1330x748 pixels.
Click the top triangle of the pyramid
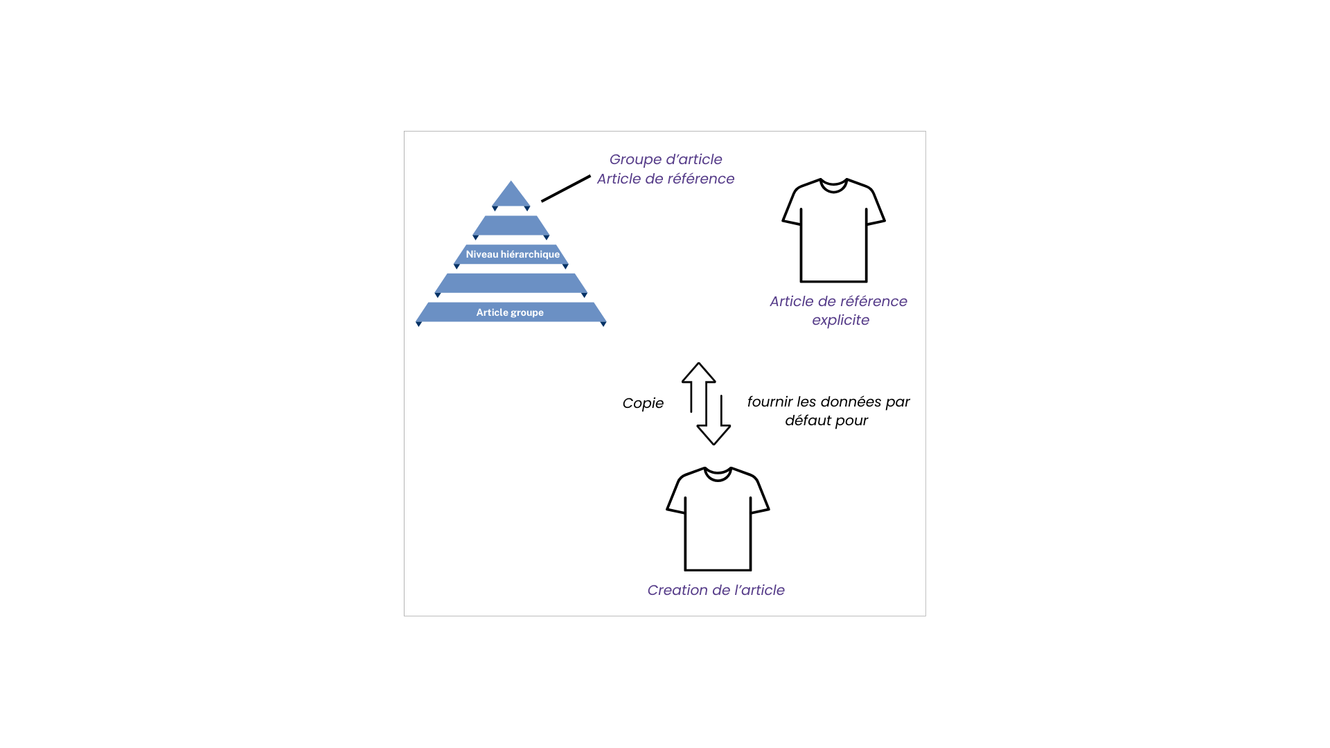pyautogui.click(x=511, y=195)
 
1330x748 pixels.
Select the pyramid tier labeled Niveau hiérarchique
pyautogui.click(x=511, y=255)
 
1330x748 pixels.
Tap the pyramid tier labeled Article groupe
pyautogui.click(x=511, y=313)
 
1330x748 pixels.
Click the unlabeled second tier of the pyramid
pyautogui.click(x=511, y=226)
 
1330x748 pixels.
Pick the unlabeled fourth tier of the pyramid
pyautogui.click(x=511, y=284)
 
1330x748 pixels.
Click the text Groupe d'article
pyautogui.click(x=666, y=160)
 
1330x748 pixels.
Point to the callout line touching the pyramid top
pyautogui.click(x=566, y=188)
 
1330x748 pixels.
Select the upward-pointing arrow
pyautogui.click(x=698, y=387)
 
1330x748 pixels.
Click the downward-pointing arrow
pyautogui.click(x=713, y=420)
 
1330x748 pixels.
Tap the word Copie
pyautogui.click(x=643, y=404)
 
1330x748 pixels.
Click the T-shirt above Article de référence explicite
pyautogui.click(x=834, y=231)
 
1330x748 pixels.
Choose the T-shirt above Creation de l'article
pyautogui.click(x=718, y=519)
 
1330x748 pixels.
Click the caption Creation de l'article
pyautogui.click(x=716, y=590)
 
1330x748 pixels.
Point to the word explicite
pyautogui.click(x=841, y=321)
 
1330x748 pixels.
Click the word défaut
pyautogui.click(x=808, y=420)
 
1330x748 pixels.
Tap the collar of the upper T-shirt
pyautogui.click(x=834, y=186)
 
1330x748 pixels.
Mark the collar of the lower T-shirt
pyautogui.click(x=718, y=474)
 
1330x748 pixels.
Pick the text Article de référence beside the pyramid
pyautogui.click(x=666, y=179)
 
